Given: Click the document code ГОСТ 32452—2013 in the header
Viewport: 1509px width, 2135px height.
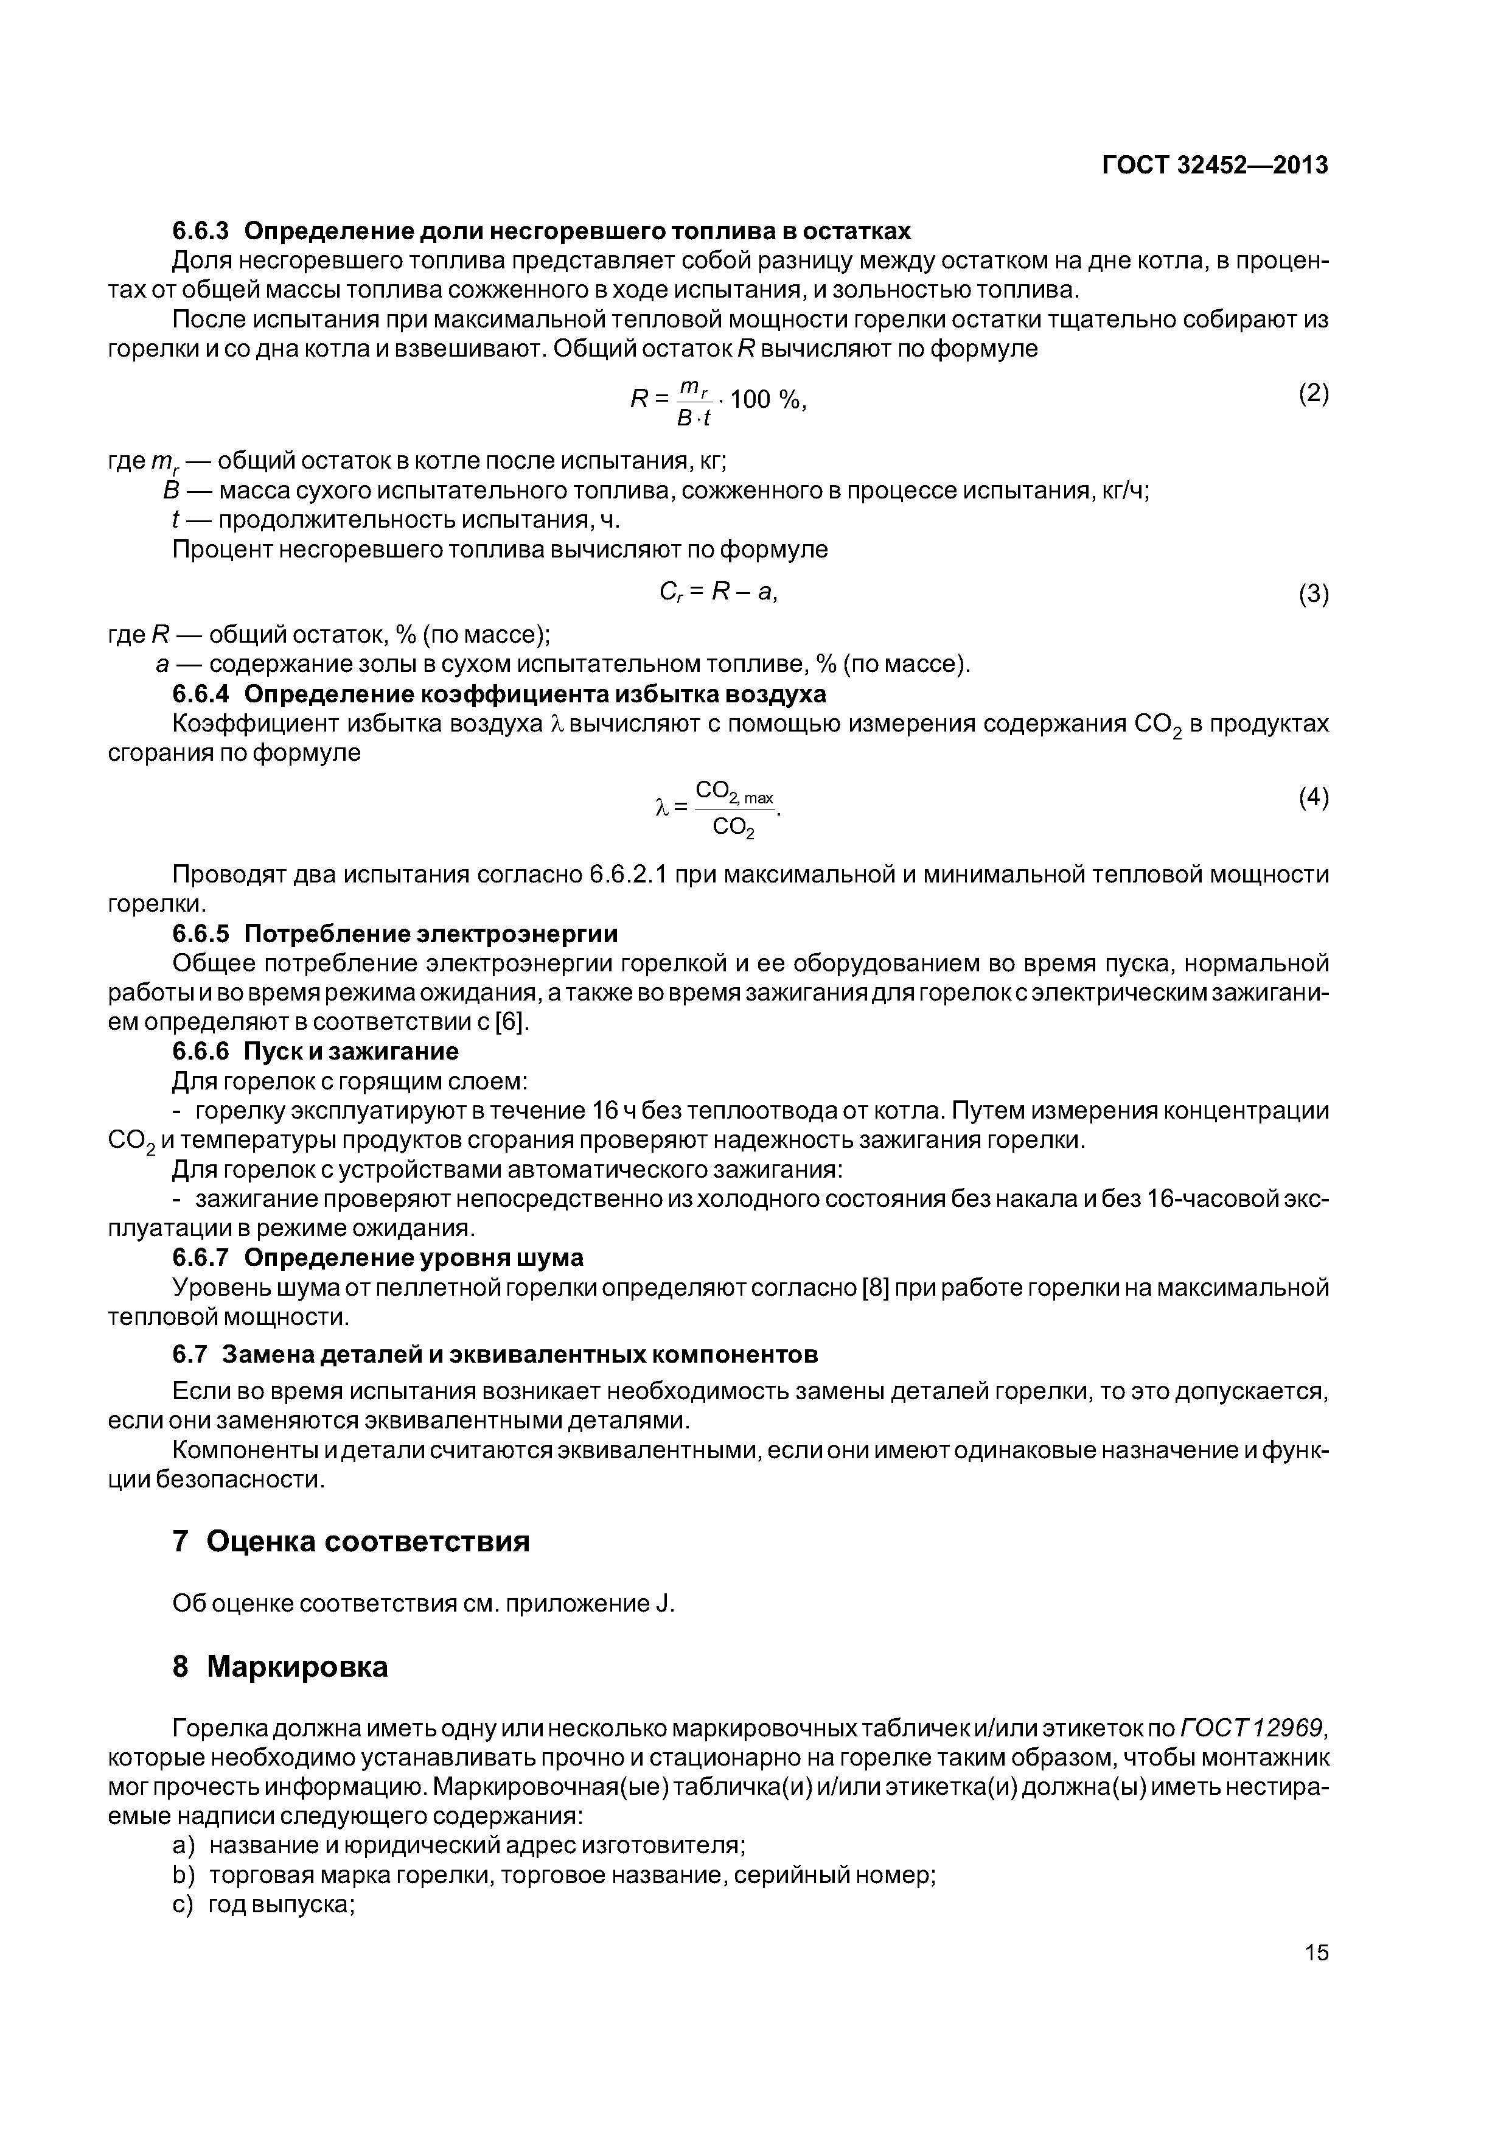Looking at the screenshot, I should click(x=1215, y=166).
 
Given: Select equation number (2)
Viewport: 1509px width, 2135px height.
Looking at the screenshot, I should click(x=1313, y=393).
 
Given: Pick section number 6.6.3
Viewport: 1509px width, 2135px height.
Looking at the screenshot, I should click(x=201, y=231).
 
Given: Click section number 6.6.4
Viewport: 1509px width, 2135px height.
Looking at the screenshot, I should click(x=201, y=694).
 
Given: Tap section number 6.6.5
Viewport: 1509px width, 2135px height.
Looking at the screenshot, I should click(x=201, y=932).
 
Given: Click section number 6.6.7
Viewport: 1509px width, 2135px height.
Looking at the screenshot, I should click(x=201, y=1258).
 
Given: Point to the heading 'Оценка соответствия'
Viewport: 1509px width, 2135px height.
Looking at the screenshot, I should click(x=368, y=1542).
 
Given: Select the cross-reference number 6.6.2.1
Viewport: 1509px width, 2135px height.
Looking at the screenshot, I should click(x=627, y=875).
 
